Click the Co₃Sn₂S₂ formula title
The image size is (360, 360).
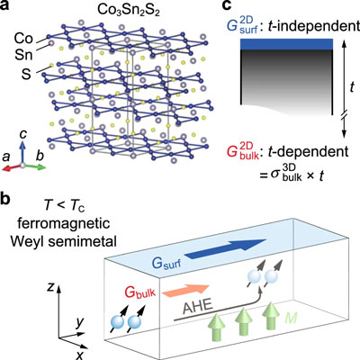coord(129,10)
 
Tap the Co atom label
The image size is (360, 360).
coord(23,39)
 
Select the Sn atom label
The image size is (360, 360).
coord(23,55)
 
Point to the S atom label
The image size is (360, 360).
coord(26,74)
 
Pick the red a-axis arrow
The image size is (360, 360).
coord(12,167)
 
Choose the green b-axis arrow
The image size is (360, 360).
coord(34,166)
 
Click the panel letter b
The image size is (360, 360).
coord(5,200)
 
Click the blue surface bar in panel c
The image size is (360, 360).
coord(286,44)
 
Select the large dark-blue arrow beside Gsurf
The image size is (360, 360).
coord(225,248)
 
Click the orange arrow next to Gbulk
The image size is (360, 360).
coord(185,290)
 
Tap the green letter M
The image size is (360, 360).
coord(291,318)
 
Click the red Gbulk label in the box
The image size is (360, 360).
coord(140,292)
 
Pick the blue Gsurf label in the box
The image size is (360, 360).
coord(166,264)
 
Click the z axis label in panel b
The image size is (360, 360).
coord(51,287)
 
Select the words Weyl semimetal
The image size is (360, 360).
coord(63,241)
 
